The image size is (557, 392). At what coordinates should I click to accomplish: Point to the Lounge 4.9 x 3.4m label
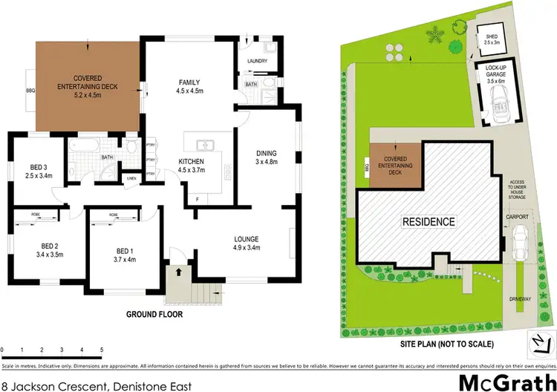(246, 244)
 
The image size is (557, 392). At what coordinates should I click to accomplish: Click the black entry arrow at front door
(177, 272)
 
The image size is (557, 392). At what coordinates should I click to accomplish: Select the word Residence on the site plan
(429, 221)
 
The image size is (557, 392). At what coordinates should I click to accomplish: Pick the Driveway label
(521, 298)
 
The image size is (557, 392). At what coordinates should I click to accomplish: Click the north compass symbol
(538, 341)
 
